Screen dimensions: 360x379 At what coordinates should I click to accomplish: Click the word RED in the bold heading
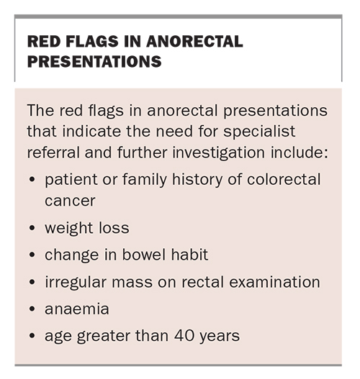43,41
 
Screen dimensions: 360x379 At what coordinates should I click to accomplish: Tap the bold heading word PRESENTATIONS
94,61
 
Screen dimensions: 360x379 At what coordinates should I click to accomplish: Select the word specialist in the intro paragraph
259,132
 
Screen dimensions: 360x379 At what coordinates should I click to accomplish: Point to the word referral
53,153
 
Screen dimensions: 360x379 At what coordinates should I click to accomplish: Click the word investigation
218,154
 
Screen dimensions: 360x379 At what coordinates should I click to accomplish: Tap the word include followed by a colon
300,153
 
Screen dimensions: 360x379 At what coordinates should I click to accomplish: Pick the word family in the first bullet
145,181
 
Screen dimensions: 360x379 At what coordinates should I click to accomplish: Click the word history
197,181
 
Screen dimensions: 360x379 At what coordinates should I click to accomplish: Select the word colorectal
284,180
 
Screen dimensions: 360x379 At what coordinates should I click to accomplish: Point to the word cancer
70,201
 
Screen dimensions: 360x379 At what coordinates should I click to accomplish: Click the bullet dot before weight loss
32,228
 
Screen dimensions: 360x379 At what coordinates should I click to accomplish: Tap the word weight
69,229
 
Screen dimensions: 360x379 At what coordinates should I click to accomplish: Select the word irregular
76,283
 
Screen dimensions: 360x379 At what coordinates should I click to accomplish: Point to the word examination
274,282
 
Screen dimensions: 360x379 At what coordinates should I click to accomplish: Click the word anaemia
77,309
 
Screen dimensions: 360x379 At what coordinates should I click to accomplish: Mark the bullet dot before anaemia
32,309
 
